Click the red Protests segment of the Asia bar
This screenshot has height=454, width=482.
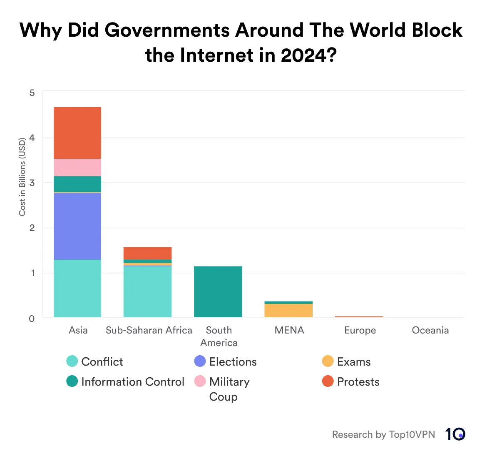[77, 133]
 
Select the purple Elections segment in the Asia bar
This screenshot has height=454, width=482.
[77, 226]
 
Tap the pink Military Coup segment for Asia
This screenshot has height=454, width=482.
[77, 168]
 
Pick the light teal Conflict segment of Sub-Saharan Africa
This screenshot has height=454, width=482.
[147, 291]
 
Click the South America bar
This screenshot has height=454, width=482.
[218, 292]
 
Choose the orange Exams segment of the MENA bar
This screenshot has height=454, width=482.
[288, 311]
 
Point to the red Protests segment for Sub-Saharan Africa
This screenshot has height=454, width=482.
[147, 253]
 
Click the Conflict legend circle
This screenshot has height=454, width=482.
[72, 361]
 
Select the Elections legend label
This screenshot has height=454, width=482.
[233, 362]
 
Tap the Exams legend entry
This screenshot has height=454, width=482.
[354, 362]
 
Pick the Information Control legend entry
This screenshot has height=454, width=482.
[132, 382]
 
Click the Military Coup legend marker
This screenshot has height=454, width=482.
[200, 381]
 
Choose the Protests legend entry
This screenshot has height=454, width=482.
[358, 382]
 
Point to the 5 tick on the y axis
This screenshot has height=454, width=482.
[32, 93]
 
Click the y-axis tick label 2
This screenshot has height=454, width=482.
[32, 228]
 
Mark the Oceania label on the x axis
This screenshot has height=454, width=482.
[430, 331]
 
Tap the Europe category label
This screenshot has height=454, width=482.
[360, 331]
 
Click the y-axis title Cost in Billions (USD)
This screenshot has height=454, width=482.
[22, 177]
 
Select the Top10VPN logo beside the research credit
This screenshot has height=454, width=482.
[455, 434]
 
